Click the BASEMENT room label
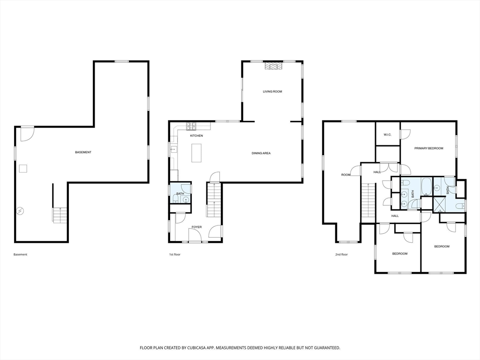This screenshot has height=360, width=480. coord(83,152)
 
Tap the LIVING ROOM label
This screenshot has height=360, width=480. coord(272,91)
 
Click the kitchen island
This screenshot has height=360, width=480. coord(197,153)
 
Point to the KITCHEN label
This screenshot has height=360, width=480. coord(196,135)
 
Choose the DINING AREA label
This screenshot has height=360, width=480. coord(261,153)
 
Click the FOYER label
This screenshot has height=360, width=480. coord(196,227)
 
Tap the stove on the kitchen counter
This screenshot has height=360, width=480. coord(192,125)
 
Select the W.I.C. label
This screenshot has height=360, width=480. coord(387,135)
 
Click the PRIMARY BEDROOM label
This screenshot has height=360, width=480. coord(428,148)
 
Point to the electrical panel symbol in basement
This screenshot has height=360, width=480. coord(20,211)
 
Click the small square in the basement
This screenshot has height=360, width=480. coord(23,169)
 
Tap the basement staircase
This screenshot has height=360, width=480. coord(60,215)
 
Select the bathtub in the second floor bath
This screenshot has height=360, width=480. coord(426,187)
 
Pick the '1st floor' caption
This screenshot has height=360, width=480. coord(175,255)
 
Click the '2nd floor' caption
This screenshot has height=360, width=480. coord(341,255)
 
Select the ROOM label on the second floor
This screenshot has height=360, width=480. coord(345,175)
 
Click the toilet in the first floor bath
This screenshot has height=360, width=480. coord(176,199)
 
